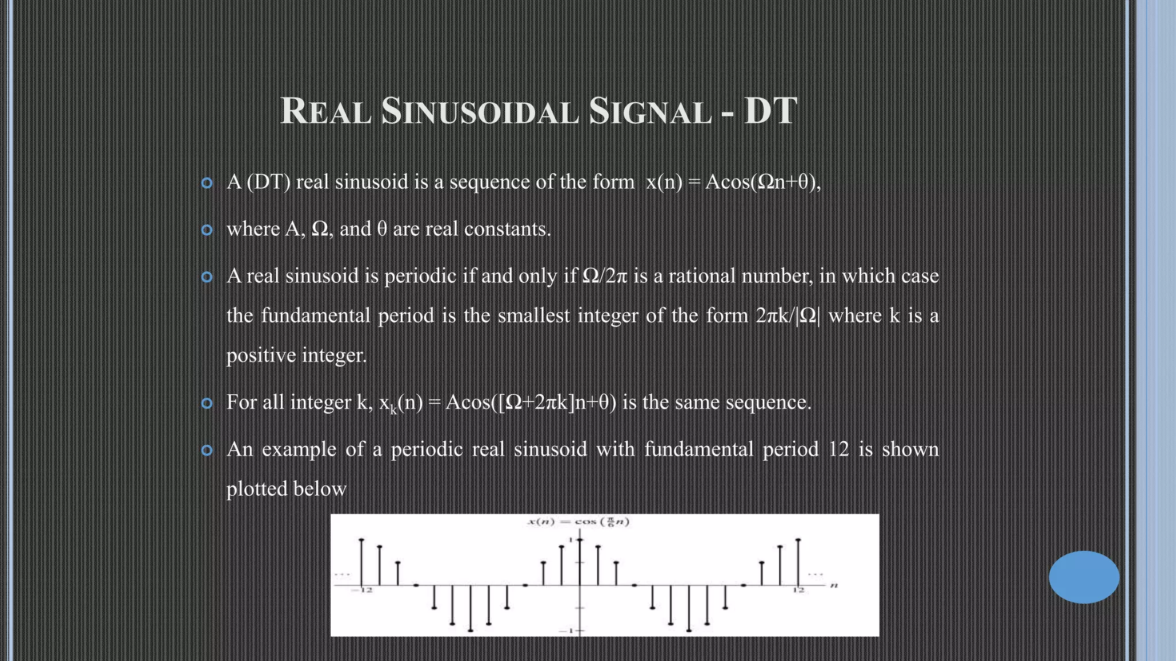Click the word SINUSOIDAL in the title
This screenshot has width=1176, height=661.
tap(479, 111)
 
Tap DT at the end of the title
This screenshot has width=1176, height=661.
tap(771, 111)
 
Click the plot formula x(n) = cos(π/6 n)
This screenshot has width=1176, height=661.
tap(579, 522)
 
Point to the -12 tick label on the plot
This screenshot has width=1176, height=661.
tap(363, 590)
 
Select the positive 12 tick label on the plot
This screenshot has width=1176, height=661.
tap(799, 590)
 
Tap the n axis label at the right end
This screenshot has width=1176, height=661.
tap(834, 585)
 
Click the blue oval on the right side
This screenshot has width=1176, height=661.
tap(1084, 577)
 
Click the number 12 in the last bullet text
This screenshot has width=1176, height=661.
tap(838, 449)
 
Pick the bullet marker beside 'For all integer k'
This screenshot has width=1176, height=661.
tap(207, 403)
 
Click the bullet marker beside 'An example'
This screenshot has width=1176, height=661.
tap(207, 450)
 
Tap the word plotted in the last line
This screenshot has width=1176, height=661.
tap(256, 489)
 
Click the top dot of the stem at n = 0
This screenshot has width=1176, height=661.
tap(580, 540)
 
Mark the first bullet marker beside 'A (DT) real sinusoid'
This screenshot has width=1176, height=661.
tap(207, 183)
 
